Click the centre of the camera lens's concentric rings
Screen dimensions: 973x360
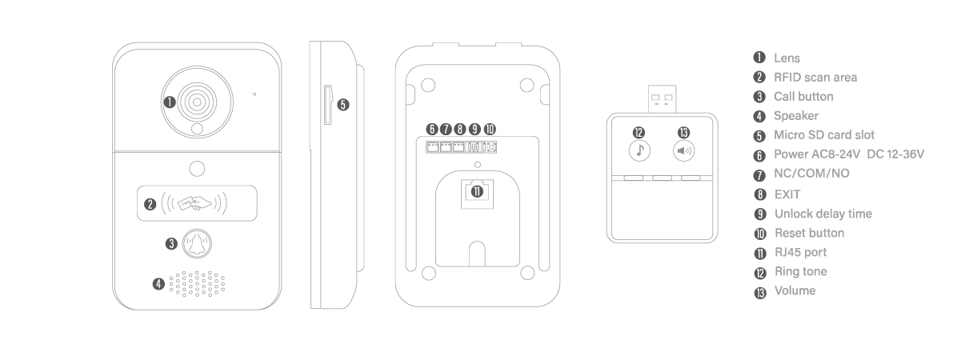click(197, 102)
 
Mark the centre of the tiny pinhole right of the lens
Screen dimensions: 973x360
click(254, 94)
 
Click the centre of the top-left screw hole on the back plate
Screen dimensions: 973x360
click(428, 85)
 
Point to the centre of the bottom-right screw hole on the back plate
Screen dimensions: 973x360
click(527, 273)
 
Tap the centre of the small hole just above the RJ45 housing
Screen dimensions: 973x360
click(478, 165)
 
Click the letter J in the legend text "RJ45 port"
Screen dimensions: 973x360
click(785, 252)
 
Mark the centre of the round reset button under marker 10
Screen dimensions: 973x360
click(491, 148)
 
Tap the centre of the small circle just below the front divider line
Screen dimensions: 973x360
click(197, 169)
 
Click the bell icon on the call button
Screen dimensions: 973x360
click(198, 243)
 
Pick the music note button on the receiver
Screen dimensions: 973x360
click(639, 150)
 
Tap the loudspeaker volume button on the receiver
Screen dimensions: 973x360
click(683, 150)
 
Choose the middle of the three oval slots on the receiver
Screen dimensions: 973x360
click(662, 178)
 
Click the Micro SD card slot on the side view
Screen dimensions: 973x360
click(328, 105)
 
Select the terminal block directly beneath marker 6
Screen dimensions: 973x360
click(433, 147)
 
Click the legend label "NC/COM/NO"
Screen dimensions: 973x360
click(811, 174)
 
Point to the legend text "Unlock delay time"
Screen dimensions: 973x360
click(823, 214)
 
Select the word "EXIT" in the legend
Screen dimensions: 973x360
click(787, 194)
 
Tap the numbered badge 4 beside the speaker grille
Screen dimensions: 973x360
click(158, 284)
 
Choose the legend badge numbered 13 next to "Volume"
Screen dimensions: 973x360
click(760, 293)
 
